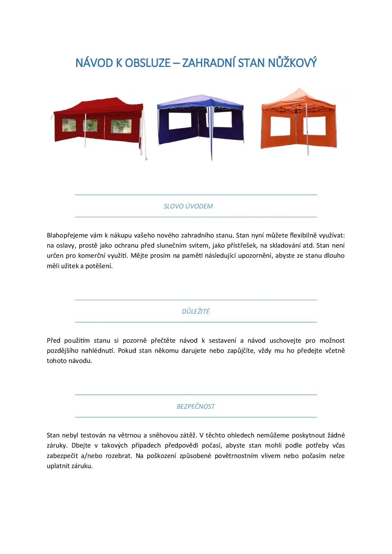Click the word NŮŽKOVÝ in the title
click(x=292, y=63)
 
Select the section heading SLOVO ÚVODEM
click(x=188, y=206)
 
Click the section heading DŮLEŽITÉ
click(x=196, y=311)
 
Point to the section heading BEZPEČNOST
click(x=196, y=406)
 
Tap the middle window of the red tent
click(x=90, y=126)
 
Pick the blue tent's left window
click(x=180, y=121)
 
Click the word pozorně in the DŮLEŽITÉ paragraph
click(x=135, y=340)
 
